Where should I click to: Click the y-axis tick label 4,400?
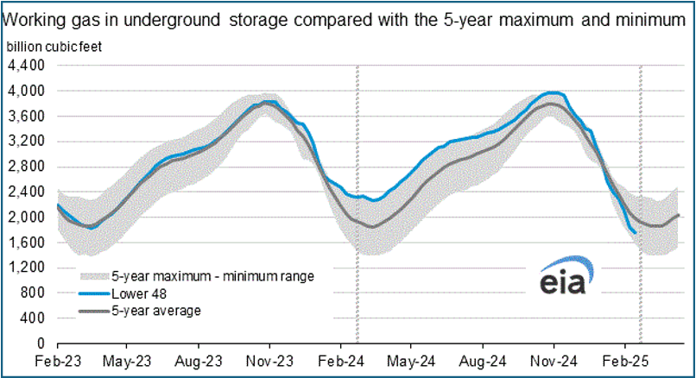26,65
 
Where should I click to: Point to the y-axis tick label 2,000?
26,217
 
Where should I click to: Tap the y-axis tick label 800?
33,293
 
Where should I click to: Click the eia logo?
562,280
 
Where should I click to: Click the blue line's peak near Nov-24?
554,92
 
